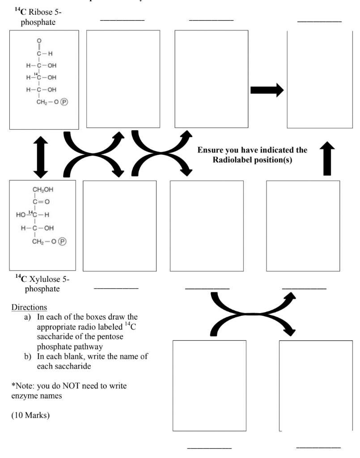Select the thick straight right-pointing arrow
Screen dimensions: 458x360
point(267,90)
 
